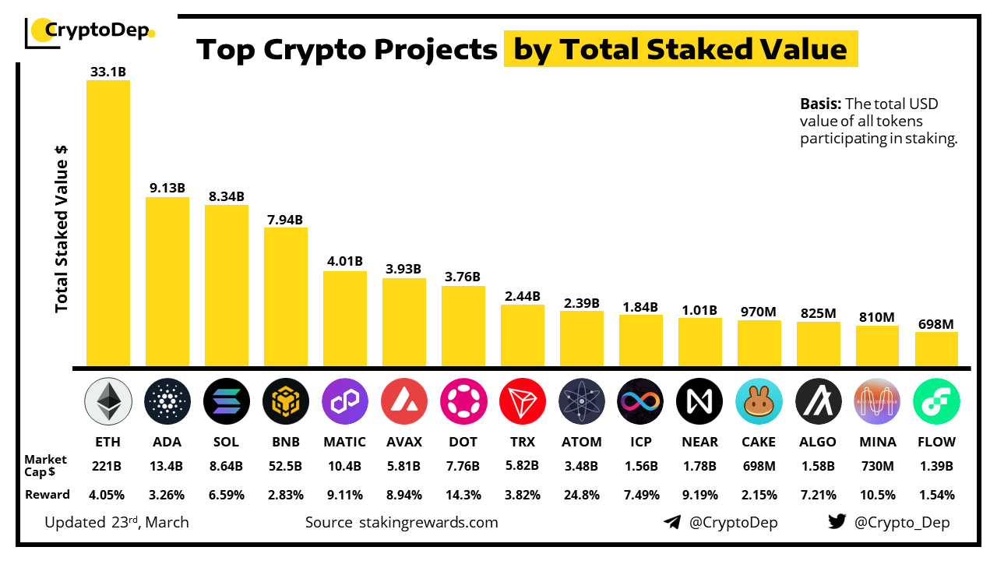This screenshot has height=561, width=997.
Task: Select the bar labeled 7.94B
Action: coord(285,296)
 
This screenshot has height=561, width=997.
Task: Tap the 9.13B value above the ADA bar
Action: coord(167,188)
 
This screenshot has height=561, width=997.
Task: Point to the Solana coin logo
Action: coord(226,401)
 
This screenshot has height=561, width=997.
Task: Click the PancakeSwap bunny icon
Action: coord(759,401)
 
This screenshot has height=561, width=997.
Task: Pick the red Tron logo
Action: coord(522,401)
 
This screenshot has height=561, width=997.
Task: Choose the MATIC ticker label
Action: coord(344,442)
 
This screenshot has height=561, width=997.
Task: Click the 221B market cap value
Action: coord(108,467)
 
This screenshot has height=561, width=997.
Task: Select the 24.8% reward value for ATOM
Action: coord(581,495)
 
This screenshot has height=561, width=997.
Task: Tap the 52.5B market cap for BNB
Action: coord(285,467)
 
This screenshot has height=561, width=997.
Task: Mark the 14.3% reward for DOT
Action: coord(463,495)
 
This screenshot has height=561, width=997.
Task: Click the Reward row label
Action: coord(48,495)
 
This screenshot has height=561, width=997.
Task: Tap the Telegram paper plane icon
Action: coord(672,522)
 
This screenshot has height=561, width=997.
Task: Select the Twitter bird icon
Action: coord(837,522)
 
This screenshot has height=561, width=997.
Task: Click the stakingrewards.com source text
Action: coord(428,522)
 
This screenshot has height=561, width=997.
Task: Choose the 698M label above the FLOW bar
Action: coord(936,324)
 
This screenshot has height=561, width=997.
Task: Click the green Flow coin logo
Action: coord(936,401)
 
